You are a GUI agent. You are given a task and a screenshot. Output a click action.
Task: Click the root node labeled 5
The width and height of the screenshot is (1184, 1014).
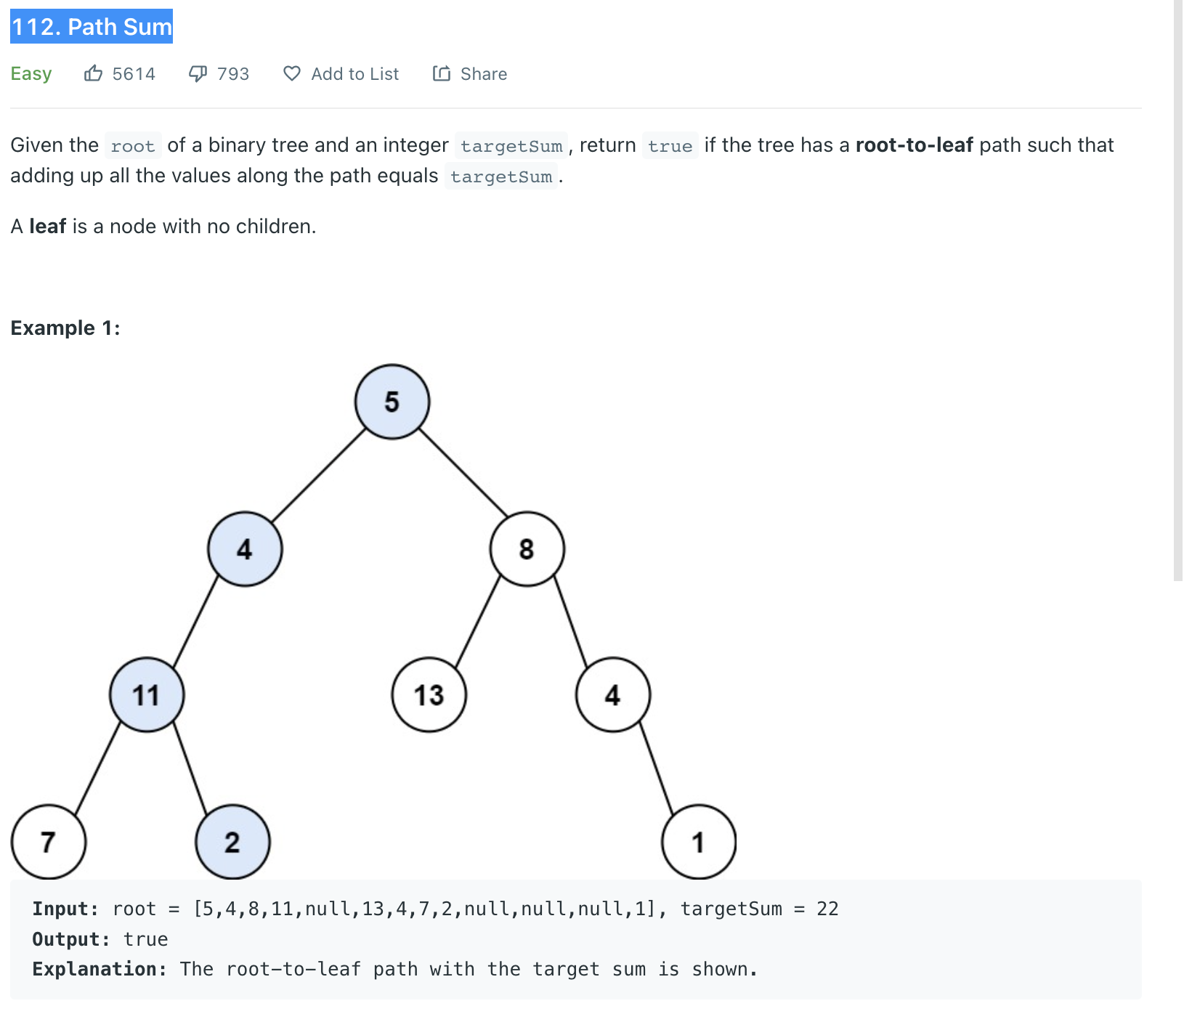[392, 402]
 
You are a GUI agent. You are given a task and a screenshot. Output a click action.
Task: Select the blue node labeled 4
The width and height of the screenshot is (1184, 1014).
[245, 549]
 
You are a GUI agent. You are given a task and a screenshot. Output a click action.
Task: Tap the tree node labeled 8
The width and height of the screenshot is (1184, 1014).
[527, 549]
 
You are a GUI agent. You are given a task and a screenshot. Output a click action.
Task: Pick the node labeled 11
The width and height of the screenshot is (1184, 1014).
[147, 695]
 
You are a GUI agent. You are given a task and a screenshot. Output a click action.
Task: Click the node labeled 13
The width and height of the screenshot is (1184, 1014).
[429, 695]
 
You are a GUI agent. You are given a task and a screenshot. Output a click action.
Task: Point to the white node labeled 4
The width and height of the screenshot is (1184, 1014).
[613, 695]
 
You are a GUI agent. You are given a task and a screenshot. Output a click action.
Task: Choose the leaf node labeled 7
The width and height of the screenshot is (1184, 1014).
[49, 842]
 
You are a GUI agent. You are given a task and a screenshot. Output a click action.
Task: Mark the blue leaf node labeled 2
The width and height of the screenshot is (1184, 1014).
[232, 842]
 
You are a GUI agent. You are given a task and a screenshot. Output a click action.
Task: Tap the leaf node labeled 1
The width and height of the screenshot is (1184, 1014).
[698, 842]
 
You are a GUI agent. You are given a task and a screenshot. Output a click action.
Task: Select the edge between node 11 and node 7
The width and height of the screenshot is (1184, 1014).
[98, 768]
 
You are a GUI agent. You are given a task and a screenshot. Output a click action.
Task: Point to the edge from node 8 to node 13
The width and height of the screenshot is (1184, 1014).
[478, 621]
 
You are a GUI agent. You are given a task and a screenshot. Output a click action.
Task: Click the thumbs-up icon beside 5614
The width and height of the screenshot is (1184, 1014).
[93, 73]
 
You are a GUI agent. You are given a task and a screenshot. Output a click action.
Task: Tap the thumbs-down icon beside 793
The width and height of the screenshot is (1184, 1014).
[198, 73]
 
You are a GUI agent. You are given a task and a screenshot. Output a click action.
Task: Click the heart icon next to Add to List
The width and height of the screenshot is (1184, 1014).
[292, 73]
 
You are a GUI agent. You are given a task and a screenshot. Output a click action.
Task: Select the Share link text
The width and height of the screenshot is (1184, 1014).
[484, 74]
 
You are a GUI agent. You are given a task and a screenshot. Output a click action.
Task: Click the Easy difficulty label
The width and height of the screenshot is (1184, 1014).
[31, 74]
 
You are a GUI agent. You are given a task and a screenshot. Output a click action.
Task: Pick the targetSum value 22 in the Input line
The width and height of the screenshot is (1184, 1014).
[827, 909]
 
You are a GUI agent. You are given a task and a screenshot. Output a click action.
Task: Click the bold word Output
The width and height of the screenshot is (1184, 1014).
[70, 939]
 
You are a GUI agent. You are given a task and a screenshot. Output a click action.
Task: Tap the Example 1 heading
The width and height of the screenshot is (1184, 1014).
[65, 328]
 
